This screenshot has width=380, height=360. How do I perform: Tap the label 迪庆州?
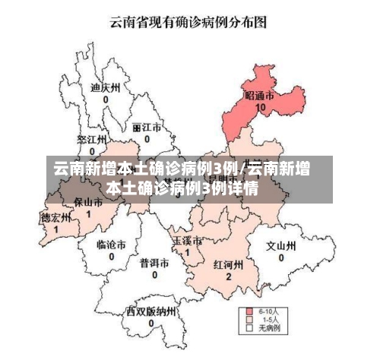(106, 87)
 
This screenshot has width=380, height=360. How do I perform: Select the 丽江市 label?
(146, 127)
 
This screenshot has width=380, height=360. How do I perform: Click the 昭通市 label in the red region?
(259, 96)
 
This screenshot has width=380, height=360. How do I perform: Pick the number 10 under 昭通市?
(261, 108)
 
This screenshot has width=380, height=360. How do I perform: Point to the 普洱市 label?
(154, 262)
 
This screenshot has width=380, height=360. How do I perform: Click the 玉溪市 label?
(187, 241)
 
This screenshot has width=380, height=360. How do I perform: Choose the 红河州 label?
(227, 265)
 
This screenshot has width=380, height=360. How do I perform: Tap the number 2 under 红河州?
(228, 276)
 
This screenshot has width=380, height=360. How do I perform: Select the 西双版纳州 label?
(151, 311)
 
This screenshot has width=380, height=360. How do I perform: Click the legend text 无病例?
(270, 329)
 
